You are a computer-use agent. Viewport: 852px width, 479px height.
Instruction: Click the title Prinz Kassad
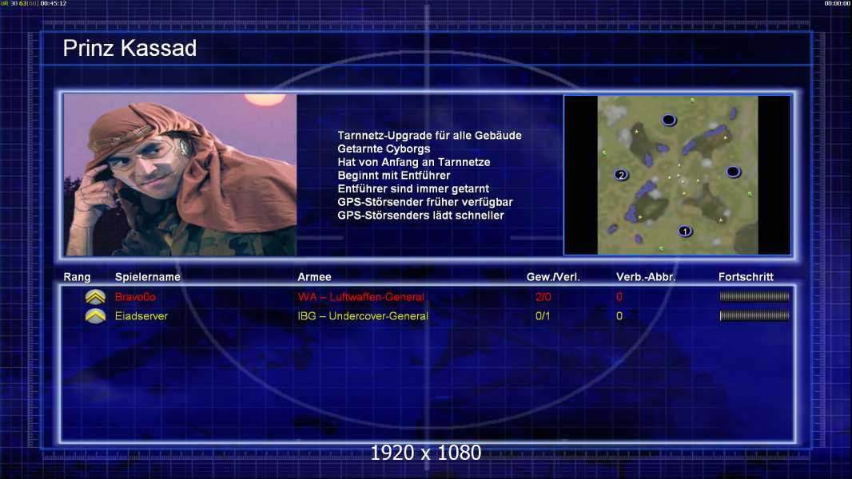129,48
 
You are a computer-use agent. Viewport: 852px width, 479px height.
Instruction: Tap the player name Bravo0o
135,297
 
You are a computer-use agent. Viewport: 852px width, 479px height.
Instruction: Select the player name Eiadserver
141,316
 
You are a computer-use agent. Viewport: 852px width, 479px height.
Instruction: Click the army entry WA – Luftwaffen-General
360,297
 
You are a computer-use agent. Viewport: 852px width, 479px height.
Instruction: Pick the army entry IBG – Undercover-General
363,316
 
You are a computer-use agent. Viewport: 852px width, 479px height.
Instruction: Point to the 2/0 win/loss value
543,297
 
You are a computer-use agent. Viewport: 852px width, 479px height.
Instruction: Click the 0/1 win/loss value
542,316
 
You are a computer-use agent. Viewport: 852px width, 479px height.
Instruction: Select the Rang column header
78,277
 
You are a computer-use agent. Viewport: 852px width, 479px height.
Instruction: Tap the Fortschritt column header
746,277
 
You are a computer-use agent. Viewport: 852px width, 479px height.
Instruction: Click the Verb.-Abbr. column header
646,277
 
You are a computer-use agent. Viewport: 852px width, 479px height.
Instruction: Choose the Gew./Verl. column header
553,277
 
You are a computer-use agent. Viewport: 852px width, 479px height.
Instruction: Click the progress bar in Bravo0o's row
754,296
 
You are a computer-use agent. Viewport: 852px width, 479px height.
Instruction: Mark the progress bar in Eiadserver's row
754,315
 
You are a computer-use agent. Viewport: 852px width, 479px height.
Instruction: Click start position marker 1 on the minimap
685,232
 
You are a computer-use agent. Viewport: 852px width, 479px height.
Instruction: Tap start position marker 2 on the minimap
621,175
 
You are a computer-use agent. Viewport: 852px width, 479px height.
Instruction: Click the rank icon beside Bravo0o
95,297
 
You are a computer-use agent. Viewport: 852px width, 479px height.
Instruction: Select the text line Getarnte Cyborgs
384,149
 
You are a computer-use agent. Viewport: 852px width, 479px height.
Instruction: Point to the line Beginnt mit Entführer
394,176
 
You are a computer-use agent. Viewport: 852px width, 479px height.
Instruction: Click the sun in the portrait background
265,99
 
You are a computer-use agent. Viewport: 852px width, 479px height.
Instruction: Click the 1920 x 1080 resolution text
425,453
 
